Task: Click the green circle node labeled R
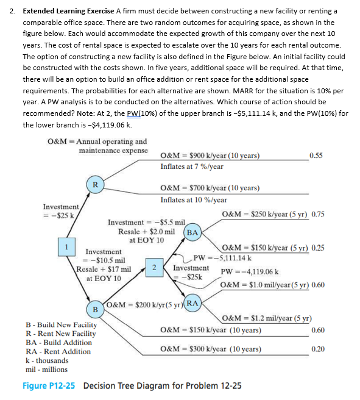(94, 184)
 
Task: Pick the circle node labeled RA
(192, 303)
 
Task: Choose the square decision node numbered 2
(155, 267)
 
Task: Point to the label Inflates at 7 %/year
(192, 166)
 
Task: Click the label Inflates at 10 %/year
(194, 199)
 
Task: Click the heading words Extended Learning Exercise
(69, 12)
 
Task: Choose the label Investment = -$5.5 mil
(144, 223)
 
